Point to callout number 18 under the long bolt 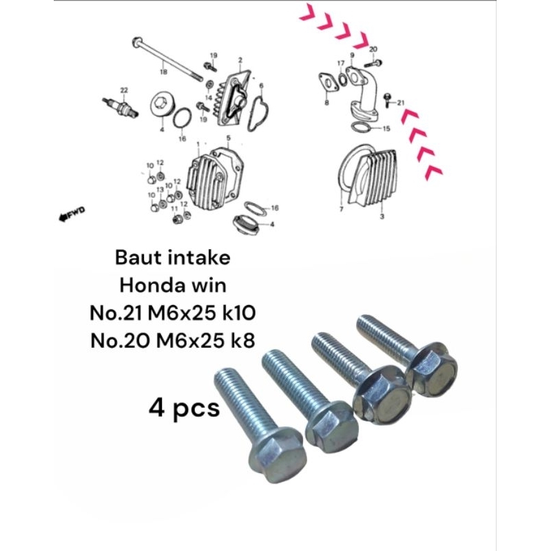[163, 72]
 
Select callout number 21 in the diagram [400, 103]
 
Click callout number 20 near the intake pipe [373, 50]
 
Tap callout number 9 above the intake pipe [351, 55]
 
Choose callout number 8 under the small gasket [326, 102]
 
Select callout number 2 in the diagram [240, 61]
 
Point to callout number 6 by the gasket [261, 85]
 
